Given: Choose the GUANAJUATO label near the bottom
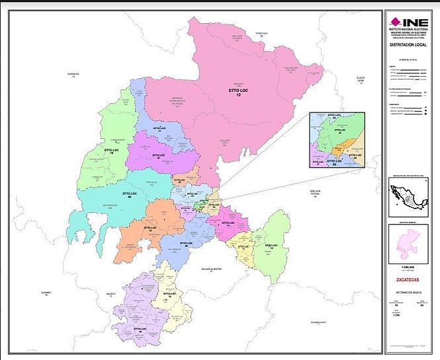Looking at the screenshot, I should pyautogui.click(x=322, y=322).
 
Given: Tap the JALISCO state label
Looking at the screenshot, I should pyautogui.click(x=110, y=295).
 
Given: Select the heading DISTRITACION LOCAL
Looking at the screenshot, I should pyautogui.click(x=409, y=46).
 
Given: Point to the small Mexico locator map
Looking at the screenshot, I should pyautogui.click(x=409, y=197).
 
